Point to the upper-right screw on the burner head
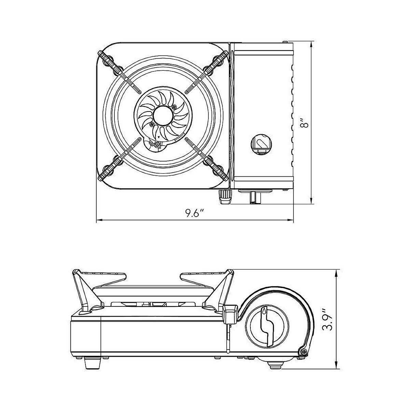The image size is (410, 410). click(x=175, y=107)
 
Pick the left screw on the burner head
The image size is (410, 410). click(x=150, y=124)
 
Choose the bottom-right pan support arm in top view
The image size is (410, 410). click(x=206, y=159)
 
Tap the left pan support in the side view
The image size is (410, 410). click(x=84, y=287)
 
